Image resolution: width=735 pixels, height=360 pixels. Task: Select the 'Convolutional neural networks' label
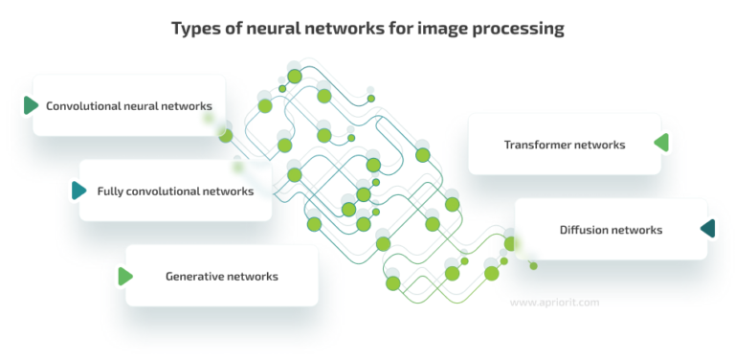[x=129, y=105]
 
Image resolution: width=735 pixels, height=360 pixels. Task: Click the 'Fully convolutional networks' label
[x=175, y=191]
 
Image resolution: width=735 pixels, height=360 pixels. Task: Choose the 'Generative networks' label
[x=222, y=276]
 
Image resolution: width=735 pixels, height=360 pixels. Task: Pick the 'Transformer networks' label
[x=565, y=145]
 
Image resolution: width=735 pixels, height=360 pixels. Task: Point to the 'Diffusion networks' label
[x=611, y=229]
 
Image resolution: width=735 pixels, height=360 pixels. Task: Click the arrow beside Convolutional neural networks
[x=31, y=105]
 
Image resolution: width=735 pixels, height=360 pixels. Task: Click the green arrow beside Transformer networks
[x=661, y=144]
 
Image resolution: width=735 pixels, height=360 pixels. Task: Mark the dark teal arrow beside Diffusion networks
[x=708, y=229]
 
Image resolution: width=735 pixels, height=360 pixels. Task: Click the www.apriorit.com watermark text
[x=555, y=302]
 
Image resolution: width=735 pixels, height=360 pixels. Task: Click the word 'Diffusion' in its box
[x=583, y=229]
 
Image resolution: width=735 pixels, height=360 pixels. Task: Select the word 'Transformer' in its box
[x=538, y=145]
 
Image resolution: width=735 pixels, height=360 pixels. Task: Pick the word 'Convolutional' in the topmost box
[x=83, y=105]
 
